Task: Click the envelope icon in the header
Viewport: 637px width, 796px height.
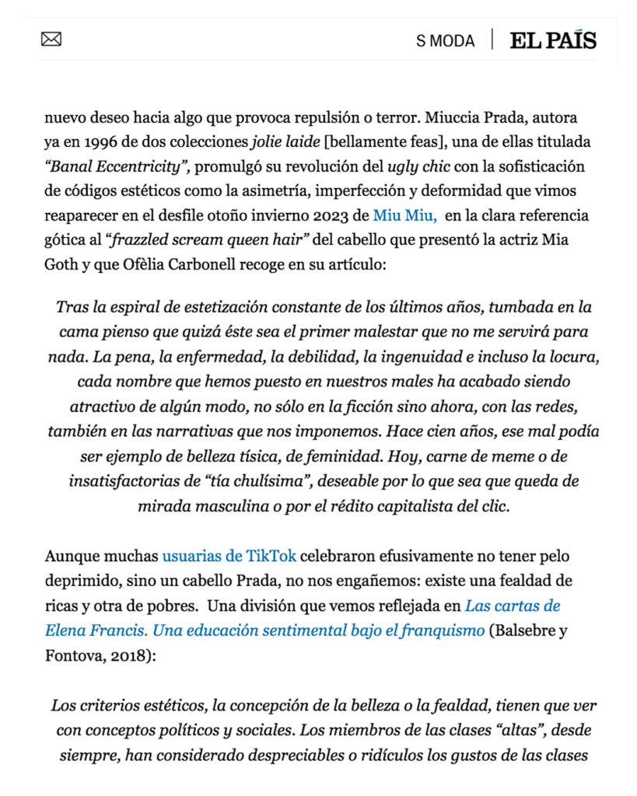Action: coord(51,39)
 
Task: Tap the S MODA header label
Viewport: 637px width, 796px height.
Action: coord(445,40)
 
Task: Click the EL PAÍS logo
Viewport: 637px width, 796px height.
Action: coord(553,40)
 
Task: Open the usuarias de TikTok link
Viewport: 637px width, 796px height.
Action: coord(229,556)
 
